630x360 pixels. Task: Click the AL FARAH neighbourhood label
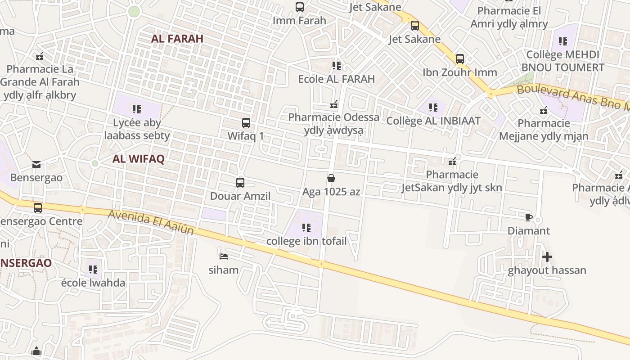(177, 39)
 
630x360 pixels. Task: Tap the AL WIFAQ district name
(138, 159)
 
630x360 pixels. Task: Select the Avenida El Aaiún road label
(151, 222)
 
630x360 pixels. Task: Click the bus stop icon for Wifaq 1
(246, 123)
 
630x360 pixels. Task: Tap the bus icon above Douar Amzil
(240, 183)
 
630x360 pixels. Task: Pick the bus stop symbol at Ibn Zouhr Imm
(460, 59)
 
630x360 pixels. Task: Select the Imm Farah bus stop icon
(300, 7)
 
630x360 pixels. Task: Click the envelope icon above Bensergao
(36, 165)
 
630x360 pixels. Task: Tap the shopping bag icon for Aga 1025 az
(331, 179)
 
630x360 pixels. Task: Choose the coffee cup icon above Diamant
(529, 218)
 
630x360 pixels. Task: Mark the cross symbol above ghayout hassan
(547, 257)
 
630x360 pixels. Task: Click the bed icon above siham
(224, 256)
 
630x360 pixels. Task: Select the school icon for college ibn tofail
(306, 228)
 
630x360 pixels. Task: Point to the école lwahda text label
(93, 283)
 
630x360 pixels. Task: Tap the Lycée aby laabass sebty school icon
(137, 109)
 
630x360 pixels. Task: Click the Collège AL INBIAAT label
(433, 121)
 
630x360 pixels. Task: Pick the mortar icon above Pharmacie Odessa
(334, 104)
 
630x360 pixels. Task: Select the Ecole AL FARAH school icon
(337, 66)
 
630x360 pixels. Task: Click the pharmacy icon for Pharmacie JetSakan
(452, 161)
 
